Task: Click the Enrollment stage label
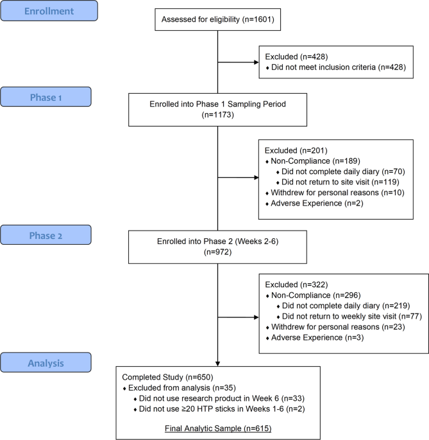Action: click(49, 11)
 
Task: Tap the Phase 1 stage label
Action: click(46, 97)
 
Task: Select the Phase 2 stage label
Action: click(46, 235)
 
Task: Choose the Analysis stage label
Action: click(46, 362)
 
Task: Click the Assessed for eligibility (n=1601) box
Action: click(218, 19)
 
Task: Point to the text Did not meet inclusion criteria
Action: click(323, 67)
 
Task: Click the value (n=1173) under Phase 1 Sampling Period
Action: click(218, 115)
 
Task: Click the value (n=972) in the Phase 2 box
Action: click(218, 252)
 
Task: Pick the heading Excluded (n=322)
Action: click(296, 285)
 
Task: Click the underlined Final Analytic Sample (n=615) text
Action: click(218, 428)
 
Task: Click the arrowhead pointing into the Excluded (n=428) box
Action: click(257, 62)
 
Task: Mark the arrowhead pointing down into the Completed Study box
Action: click(218, 364)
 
